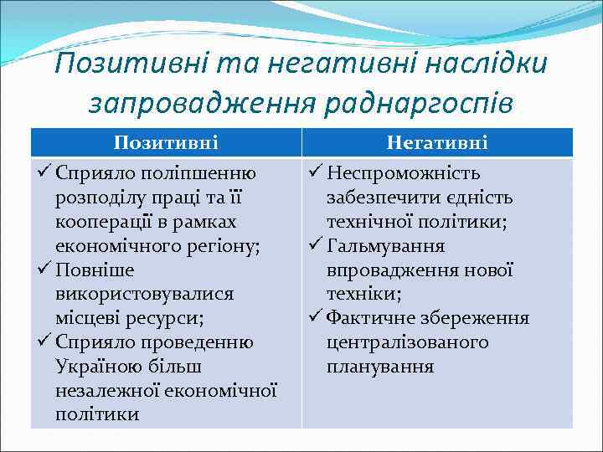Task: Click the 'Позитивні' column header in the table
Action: [x=166, y=143]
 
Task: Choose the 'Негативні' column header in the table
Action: [x=437, y=143]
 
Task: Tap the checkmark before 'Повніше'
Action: [x=44, y=271]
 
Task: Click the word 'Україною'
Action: [x=93, y=367]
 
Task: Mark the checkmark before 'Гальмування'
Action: [x=315, y=247]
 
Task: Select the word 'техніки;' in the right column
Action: [x=364, y=295]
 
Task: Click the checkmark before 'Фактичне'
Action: [x=315, y=319]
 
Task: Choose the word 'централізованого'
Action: [x=408, y=343]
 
